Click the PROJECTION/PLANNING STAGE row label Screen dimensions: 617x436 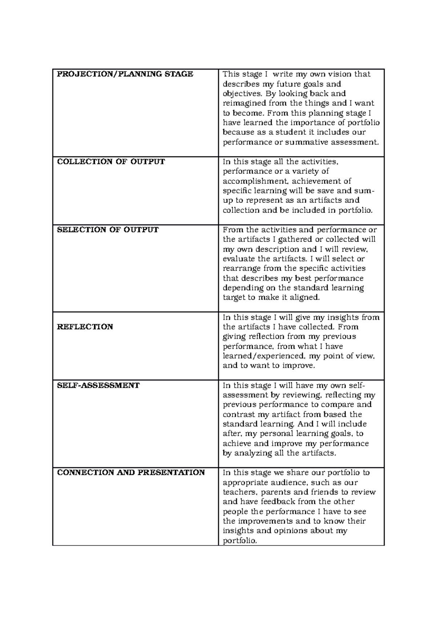click(125, 74)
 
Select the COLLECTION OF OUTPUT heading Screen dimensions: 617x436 click(111, 162)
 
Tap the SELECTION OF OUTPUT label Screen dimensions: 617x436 click(108, 230)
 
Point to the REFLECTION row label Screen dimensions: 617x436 click(85, 327)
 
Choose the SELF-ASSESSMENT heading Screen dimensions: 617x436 click(98, 385)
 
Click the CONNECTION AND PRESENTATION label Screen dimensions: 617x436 click(131, 472)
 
